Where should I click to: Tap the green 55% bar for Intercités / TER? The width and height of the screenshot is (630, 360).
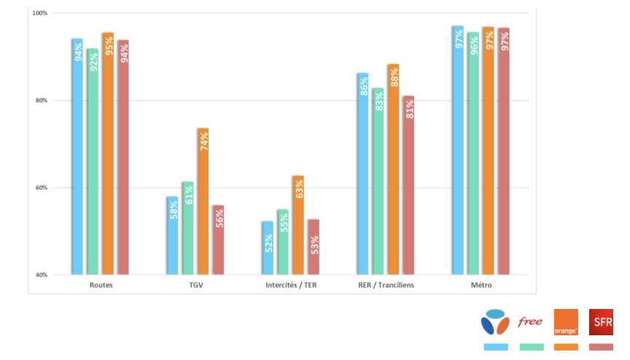[x=283, y=242]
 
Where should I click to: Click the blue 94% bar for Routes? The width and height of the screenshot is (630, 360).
[x=77, y=157]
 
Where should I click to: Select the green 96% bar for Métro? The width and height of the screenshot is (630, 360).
[x=473, y=153]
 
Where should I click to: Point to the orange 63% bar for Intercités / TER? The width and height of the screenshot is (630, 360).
[x=298, y=225]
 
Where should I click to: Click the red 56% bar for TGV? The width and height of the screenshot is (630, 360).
[x=218, y=240]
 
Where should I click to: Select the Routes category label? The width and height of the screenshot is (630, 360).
[x=101, y=285]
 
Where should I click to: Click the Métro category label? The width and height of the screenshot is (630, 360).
[x=481, y=285]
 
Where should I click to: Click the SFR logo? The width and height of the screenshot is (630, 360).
[x=602, y=321]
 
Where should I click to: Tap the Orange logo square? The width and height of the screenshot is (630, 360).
[x=566, y=321]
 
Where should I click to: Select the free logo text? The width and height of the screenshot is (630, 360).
[x=530, y=321]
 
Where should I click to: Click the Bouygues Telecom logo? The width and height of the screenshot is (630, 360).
[x=495, y=322]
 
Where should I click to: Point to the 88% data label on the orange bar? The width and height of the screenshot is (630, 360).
[x=393, y=77]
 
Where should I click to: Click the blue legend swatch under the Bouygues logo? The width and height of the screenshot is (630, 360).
[x=496, y=347]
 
